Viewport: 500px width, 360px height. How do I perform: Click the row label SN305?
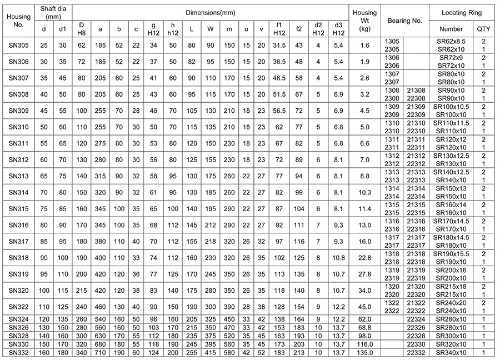click(18, 45)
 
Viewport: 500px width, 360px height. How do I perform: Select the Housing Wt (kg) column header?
click(364, 21)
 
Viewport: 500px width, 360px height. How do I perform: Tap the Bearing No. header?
click(405, 21)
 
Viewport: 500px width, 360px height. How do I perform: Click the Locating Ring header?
click(462, 12)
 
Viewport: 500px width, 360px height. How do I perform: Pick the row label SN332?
click(18, 353)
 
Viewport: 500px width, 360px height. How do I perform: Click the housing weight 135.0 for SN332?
click(364, 353)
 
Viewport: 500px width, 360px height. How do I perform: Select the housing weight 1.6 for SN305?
click(364, 45)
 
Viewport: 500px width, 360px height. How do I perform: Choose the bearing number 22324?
click(416, 319)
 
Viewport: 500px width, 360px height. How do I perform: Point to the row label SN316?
click(18, 225)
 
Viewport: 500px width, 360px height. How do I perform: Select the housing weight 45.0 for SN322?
click(364, 306)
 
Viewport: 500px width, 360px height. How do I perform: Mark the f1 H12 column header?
click(279, 28)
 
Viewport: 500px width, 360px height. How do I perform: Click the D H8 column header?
click(82, 28)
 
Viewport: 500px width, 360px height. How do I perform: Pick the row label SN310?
click(18, 127)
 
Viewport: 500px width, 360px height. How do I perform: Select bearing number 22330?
click(416, 344)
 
